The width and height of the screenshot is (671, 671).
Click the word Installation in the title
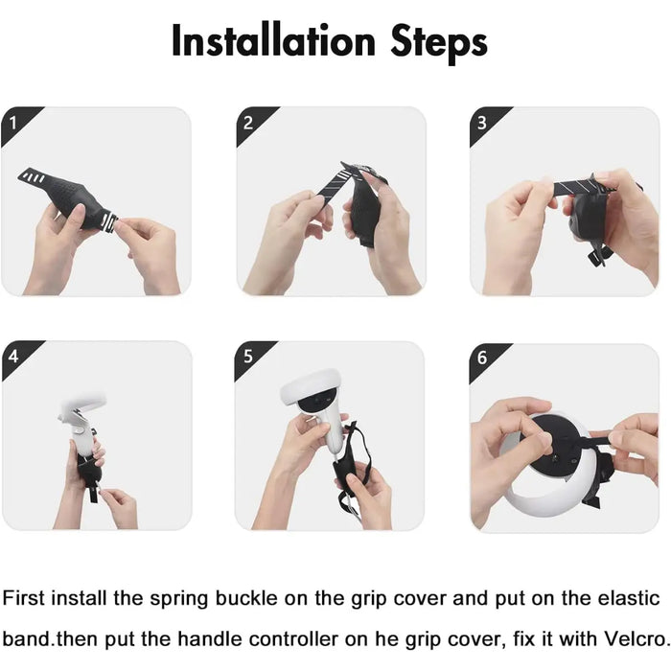tap(273, 41)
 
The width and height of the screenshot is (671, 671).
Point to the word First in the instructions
tap(24, 598)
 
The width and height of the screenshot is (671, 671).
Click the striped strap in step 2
tap(330, 187)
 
